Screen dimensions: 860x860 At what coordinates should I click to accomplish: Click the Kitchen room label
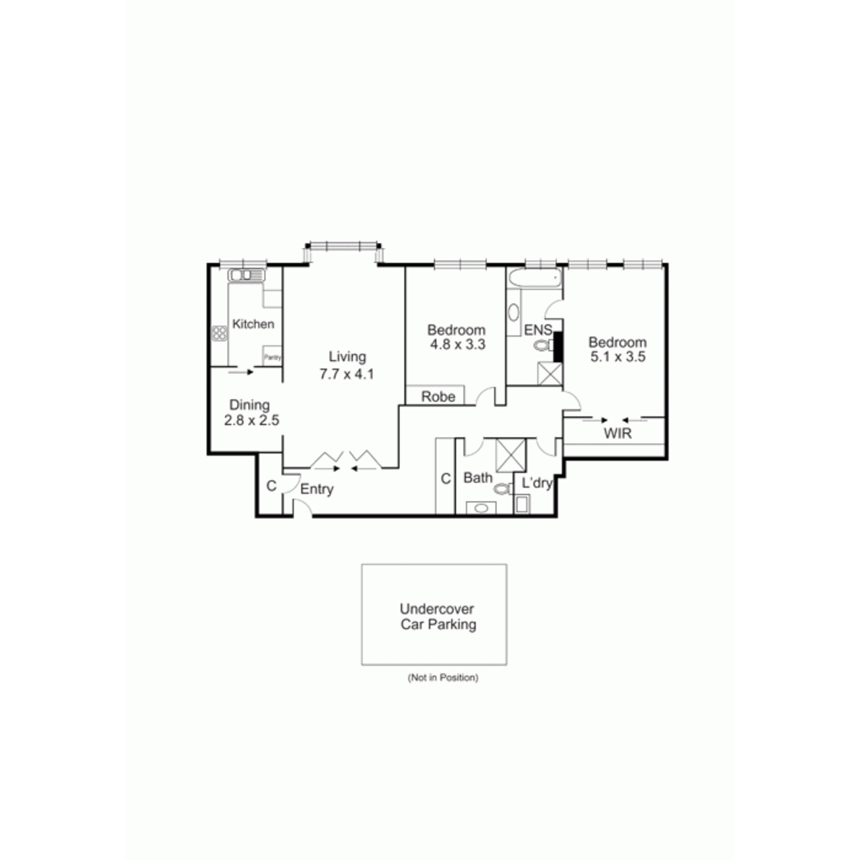[253, 324]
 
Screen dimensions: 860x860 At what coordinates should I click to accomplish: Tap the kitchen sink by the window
[247, 275]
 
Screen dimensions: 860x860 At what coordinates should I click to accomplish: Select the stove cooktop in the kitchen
[219, 333]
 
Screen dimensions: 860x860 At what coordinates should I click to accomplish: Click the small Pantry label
[272, 358]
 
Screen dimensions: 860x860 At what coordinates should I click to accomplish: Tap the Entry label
[317, 489]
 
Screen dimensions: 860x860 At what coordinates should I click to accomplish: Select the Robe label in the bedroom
[439, 396]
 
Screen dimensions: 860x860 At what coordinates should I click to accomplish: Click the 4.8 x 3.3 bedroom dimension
[457, 344]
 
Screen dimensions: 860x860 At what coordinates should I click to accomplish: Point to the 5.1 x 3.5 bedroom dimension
[618, 357]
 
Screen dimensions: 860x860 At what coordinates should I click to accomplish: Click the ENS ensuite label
[537, 330]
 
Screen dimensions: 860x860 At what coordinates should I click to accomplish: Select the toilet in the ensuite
[543, 345]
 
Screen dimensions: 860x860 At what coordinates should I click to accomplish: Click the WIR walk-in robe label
[618, 434]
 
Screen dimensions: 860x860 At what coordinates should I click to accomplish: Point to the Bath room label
[478, 477]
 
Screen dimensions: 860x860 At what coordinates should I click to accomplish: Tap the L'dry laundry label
[537, 483]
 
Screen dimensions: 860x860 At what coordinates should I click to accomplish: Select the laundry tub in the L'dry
[522, 505]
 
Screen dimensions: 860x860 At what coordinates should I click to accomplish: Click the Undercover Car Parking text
[438, 616]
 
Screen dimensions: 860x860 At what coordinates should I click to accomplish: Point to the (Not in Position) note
[443, 677]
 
